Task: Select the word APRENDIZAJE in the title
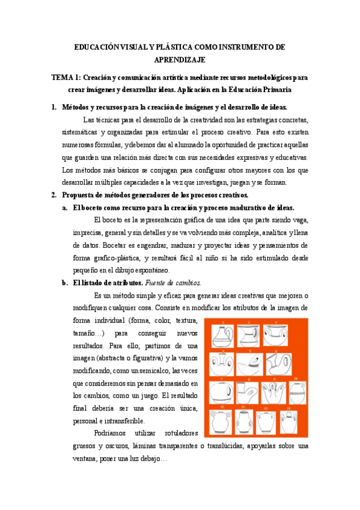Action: (x=180, y=60)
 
